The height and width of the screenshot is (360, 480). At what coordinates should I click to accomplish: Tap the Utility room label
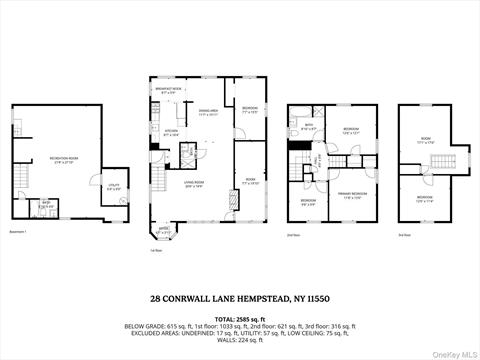(x=116, y=186)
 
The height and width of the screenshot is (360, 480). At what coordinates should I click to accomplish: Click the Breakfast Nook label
(x=171, y=91)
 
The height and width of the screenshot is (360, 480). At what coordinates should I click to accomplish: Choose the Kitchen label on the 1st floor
(x=171, y=132)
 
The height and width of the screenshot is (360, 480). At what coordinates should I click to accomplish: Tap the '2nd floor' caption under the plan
(x=293, y=236)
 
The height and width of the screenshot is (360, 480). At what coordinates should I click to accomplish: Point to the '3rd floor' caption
(x=404, y=236)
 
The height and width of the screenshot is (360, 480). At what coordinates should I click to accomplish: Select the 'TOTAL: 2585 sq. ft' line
(x=239, y=316)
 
